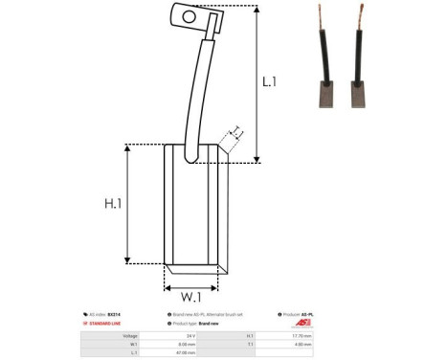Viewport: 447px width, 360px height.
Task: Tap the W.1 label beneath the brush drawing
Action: coord(190,297)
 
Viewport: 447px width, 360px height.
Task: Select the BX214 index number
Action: coord(114,313)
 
